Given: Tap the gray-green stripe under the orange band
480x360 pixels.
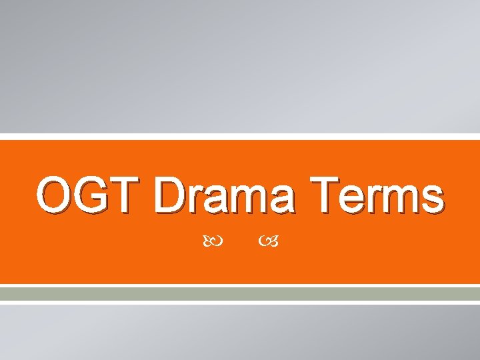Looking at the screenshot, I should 240,293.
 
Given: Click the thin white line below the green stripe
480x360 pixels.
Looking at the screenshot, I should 240,302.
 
